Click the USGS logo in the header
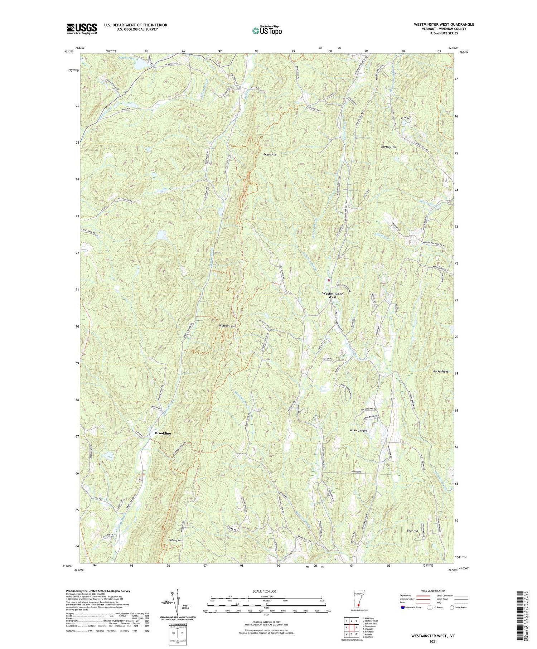(x=82, y=29)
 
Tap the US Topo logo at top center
(x=267, y=31)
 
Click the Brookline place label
(x=163, y=433)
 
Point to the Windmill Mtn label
(x=228, y=326)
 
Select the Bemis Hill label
(x=270, y=154)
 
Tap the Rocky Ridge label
(x=440, y=372)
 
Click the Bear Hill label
(x=412, y=531)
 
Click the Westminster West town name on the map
(x=332, y=295)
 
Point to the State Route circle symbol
(x=452, y=607)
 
